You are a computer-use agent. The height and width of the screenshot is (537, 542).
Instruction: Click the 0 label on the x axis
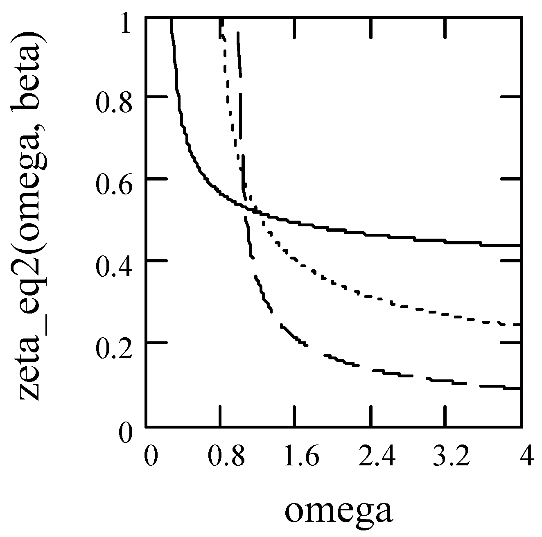pyautogui.click(x=151, y=457)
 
